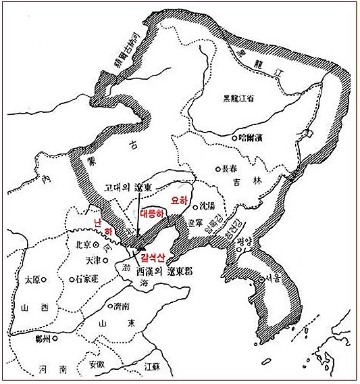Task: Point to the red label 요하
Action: (x=180, y=201)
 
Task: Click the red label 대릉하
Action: (x=152, y=214)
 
